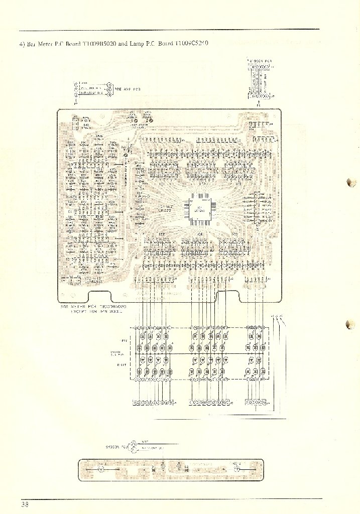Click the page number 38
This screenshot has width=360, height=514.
click(25, 504)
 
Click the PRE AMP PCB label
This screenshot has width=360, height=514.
click(128, 89)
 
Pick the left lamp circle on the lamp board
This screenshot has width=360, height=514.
click(100, 470)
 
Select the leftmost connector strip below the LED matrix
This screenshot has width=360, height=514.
click(153, 403)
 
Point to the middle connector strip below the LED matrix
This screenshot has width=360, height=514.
click(209, 403)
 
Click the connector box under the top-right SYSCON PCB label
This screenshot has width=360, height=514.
click(260, 81)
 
